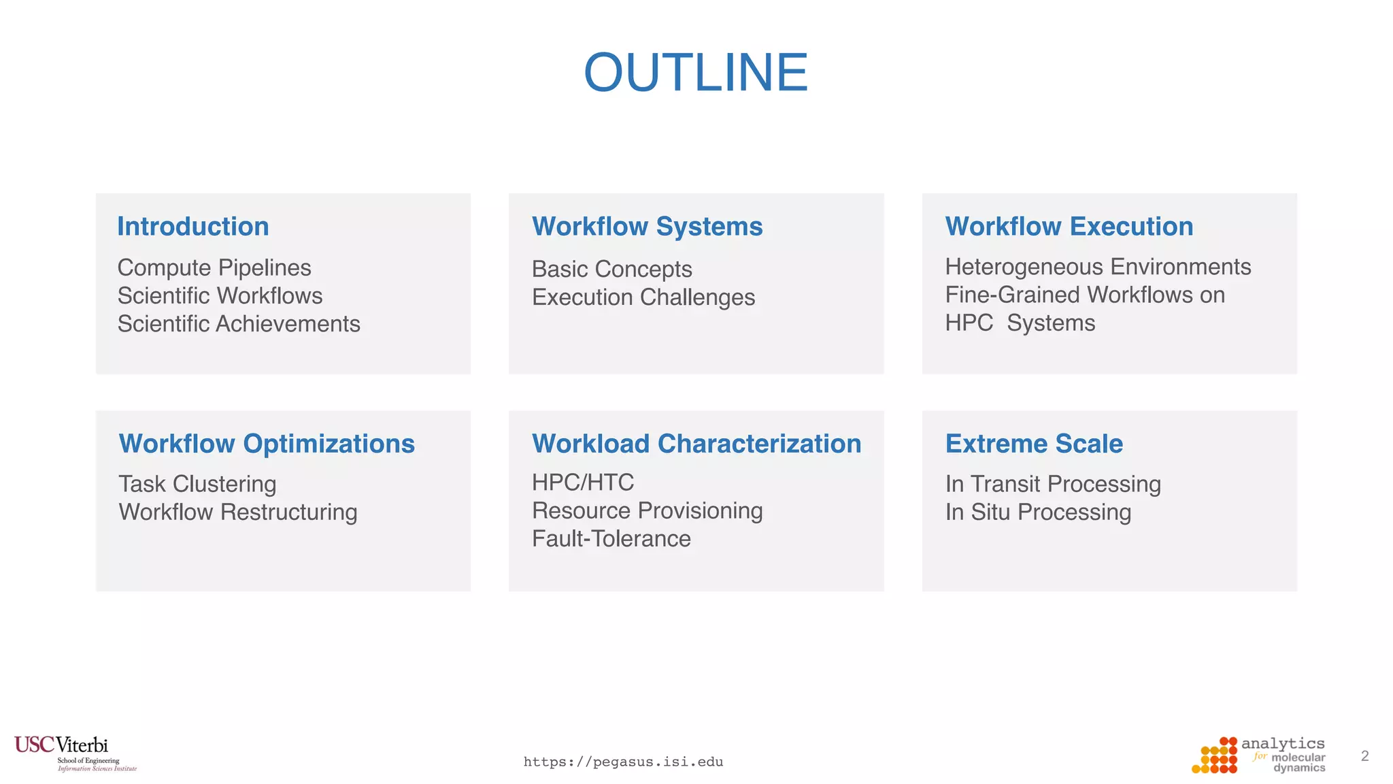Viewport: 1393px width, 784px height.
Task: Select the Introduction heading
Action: [193, 227]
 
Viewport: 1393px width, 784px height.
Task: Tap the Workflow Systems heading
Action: [647, 227]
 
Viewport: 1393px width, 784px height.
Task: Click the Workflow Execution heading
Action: [1069, 227]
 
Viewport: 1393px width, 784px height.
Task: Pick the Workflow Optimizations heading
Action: [267, 444]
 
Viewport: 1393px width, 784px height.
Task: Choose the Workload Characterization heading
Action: [696, 444]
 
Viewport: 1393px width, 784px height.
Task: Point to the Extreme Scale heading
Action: [1034, 444]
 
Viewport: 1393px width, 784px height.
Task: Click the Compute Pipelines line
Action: [214, 268]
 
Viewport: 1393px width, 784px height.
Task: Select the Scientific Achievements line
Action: [239, 324]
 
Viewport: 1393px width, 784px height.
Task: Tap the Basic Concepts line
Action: [611, 269]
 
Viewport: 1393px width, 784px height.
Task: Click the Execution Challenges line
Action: [643, 297]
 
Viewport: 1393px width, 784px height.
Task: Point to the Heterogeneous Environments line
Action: [1098, 267]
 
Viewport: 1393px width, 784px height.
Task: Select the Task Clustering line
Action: [197, 484]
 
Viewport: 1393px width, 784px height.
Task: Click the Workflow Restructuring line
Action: [238, 512]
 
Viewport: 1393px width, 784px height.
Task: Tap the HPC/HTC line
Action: [583, 483]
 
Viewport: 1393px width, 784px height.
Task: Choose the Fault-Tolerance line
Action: [611, 539]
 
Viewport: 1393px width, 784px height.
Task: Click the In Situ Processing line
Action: [1038, 512]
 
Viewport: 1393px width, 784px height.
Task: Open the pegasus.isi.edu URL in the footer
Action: [623, 762]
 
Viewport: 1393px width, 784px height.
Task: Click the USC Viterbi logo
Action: [75, 753]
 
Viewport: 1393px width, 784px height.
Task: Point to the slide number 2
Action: [1364, 756]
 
